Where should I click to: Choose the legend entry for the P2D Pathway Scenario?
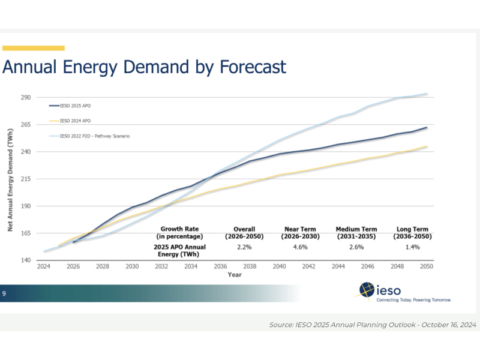tap(91, 136)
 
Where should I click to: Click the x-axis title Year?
tap(235, 274)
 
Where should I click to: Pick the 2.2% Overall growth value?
tap(244, 247)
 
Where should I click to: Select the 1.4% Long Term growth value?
tap(410, 247)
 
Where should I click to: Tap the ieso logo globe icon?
tap(367, 291)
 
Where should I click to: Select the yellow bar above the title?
tap(33, 48)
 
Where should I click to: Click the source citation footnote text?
tap(372, 325)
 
